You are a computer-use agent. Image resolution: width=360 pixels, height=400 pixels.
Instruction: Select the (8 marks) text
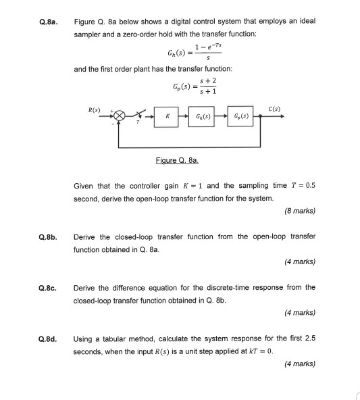pos(300,210)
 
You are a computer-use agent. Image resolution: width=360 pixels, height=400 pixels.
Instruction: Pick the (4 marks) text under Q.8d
pos(300,364)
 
